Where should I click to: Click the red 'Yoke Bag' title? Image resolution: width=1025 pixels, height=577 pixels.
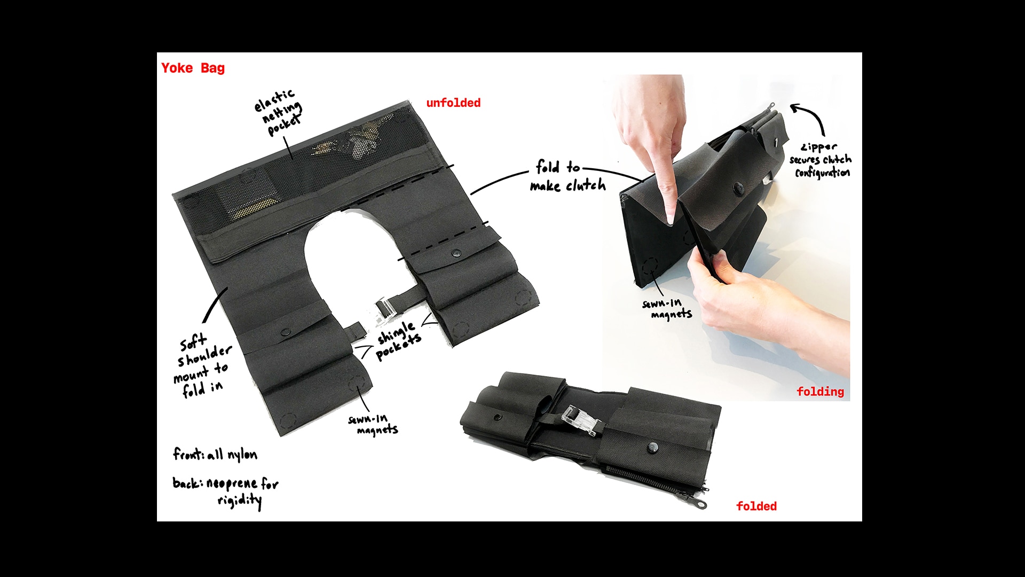[193, 68]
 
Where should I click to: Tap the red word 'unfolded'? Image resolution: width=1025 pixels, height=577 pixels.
[453, 103]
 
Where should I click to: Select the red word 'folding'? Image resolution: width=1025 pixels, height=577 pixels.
[820, 392]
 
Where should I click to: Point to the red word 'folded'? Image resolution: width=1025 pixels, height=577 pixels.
[756, 506]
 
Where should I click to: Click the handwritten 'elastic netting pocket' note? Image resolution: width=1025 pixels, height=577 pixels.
[279, 113]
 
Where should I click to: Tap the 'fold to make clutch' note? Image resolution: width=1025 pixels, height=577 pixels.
[567, 176]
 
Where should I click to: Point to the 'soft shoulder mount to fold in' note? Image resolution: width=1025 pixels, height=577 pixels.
[203, 366]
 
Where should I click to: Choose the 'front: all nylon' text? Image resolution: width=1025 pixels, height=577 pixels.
[215, 454]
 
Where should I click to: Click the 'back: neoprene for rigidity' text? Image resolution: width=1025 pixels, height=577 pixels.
[225, 492]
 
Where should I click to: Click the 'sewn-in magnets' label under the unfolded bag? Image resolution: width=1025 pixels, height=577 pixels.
[373, 425]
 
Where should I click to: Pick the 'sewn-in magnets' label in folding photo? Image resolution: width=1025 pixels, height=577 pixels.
[667, 309]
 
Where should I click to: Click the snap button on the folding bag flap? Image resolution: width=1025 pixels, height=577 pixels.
[738, 188]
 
